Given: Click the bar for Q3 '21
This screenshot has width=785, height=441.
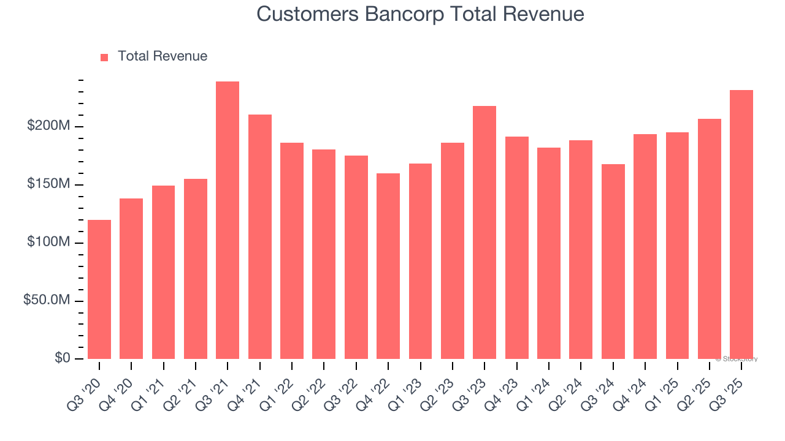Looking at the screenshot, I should coord(228,221).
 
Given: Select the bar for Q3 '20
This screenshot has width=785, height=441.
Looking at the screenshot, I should coord(99,289).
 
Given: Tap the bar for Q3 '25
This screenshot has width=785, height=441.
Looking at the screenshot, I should coord(741,224).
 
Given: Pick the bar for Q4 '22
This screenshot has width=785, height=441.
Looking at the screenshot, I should coord(388,266).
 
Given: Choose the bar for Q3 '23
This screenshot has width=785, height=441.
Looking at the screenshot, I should coord(484,233).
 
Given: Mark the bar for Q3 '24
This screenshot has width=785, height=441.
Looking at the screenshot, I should coord(613,262).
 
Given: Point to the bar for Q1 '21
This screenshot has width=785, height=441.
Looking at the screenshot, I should coord(163,272).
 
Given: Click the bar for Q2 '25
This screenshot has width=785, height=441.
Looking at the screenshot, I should coord(710,239).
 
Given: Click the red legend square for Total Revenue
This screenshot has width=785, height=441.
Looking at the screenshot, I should coord(104,57).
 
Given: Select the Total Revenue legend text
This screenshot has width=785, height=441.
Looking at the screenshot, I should coord(163,56).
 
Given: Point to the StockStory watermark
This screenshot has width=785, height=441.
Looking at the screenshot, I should coord(737,359).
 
